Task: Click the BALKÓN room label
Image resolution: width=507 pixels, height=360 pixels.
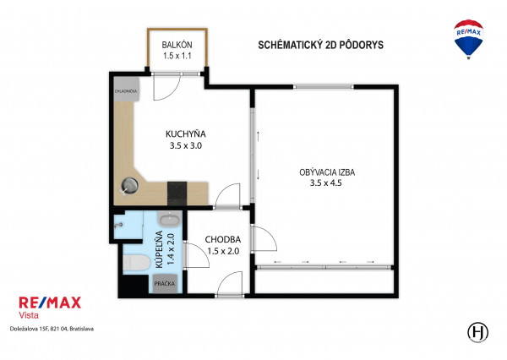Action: tap(177, 45)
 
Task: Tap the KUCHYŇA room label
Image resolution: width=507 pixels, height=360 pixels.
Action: tap(186, 134)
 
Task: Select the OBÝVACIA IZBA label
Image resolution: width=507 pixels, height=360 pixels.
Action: tap(327, 172)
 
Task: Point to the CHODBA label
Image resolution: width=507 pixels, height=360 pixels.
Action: tap(223, 240)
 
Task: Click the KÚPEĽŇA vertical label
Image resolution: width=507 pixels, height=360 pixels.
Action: tap(159, 249)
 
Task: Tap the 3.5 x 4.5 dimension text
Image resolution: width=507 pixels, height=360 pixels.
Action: tap(325, 183)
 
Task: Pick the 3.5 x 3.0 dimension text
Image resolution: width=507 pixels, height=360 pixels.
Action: tap(186, 145)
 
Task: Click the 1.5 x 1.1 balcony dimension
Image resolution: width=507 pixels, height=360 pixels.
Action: tap(177, 56)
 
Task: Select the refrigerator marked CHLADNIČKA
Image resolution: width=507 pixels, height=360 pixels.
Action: tap(126, 90)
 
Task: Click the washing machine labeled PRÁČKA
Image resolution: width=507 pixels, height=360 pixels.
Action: tap(165, 284)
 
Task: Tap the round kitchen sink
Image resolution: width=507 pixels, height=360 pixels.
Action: tap(129, 186)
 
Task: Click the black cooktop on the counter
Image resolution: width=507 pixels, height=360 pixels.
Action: tap(177, 194)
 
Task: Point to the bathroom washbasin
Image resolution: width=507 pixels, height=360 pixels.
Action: tap(170, 219)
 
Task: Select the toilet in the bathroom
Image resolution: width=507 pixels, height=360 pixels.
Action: tap(136, 262)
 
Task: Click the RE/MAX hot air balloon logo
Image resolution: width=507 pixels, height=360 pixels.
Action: tap(468, 39)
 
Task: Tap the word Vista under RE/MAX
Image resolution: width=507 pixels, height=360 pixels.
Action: tap(29, 314)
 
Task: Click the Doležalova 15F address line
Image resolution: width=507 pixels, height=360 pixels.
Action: tap(52, 329)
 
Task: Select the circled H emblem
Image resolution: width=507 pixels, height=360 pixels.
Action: tap(478, 332)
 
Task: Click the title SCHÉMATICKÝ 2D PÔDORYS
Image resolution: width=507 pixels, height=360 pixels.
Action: tap(320, 45)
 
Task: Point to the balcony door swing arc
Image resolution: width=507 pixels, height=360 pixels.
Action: tap(172, 93)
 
